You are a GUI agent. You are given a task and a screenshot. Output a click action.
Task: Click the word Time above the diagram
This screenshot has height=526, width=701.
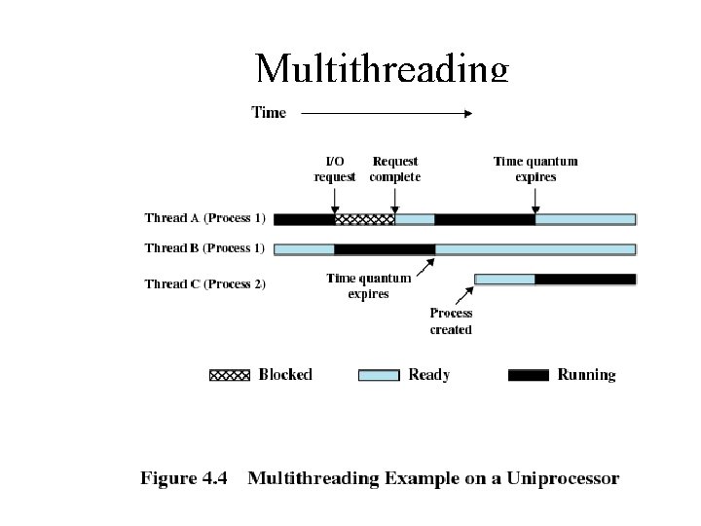[x=269, y=113]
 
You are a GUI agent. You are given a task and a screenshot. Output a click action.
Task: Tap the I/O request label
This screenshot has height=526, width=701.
[x=334, y=169]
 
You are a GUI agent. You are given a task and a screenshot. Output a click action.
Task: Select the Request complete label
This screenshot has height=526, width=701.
[x=394, y=169]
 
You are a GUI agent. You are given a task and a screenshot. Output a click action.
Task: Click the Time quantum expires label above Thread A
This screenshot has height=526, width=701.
[x=535, y=169]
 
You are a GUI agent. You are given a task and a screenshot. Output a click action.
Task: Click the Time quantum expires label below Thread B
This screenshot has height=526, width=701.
[x=368, y=285]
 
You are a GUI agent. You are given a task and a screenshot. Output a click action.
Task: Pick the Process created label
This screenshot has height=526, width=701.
[x=451, y=321]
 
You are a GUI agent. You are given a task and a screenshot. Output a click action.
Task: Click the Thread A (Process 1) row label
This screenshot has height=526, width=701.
[x=204, y=219]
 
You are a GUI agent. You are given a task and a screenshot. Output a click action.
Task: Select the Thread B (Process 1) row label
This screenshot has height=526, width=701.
[x=204, y=248]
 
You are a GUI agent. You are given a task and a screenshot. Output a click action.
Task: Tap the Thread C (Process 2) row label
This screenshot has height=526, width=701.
[x=205, y=284]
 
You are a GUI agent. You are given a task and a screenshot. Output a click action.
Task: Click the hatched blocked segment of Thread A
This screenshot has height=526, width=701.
[x=364, y=219]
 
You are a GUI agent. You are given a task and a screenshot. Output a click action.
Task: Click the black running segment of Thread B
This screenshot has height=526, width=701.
[x=385, y=248]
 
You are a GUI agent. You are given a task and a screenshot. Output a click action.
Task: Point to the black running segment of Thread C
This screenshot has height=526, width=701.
[x=585, y=280]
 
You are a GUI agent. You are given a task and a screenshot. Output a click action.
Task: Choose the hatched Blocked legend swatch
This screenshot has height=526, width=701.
[x=230, y=375]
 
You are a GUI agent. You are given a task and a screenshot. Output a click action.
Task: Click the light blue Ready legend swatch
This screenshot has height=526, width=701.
[x=379, y=375]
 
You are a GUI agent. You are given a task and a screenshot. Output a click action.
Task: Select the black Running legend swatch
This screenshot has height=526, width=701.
[x=529, y=375]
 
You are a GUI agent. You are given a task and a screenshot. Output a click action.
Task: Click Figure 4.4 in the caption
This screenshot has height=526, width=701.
[x=184, y=478]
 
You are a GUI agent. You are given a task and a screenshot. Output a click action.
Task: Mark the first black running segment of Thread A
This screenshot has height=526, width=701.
[x=304, y=219]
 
